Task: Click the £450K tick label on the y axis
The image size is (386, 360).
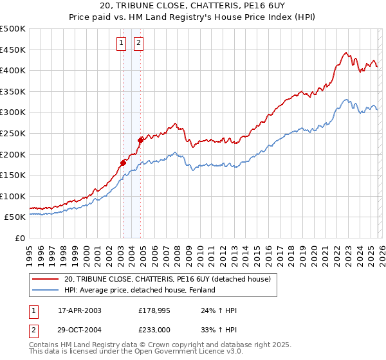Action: click(x=13, y=50)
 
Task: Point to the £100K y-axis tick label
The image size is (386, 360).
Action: click(x=13, y=196)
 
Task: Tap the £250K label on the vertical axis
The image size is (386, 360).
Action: click(x=13, y=133)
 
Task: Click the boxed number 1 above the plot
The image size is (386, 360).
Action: click(x=121, y=43)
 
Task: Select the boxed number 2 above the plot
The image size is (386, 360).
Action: click(x=138, y=43)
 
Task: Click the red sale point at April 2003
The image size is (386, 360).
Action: click(x=123, y=163)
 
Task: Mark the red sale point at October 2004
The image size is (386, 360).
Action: click(x=140, y=139)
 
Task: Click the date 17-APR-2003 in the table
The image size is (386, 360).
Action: click(x=80, y=310)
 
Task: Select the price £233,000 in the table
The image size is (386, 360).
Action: click(x=154, y=330)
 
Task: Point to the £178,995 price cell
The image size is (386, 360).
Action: click(x=154, y=310)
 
